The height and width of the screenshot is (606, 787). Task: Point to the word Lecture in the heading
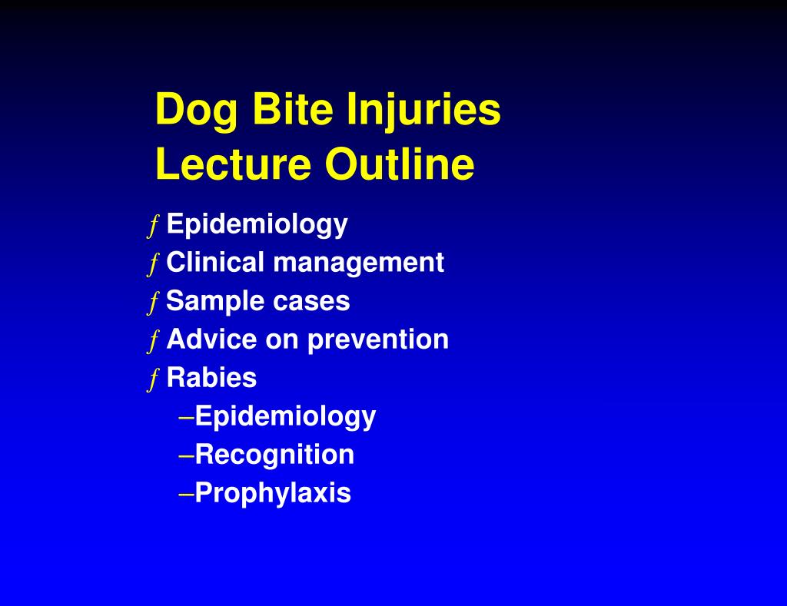click(x=234, y=165)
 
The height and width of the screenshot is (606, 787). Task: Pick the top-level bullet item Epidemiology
click(x=257, y=225)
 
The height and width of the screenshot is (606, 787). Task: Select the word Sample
click(x=205, y=302)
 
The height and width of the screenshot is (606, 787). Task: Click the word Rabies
click(x=211, y=378)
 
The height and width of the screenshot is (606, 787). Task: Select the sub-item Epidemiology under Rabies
click(x=285, y=417)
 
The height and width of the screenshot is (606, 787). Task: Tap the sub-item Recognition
click(x=274, y=455)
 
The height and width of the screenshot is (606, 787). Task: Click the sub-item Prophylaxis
click(x=273, y=493)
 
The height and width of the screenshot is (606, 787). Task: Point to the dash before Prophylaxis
click(x=186, y=494)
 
